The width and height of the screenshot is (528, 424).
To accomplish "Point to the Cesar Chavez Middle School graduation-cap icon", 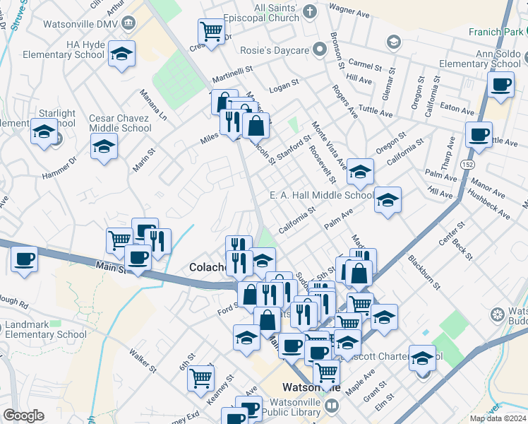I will point(104,146).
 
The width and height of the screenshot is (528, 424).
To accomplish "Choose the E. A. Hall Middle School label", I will point(321,196).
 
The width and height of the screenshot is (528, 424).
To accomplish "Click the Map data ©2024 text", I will point(496,418).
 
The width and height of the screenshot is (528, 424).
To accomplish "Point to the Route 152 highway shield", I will point(468,164).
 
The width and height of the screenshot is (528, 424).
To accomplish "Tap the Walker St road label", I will point(144,360).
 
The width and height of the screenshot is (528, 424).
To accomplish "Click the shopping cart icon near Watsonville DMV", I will point(212,31).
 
